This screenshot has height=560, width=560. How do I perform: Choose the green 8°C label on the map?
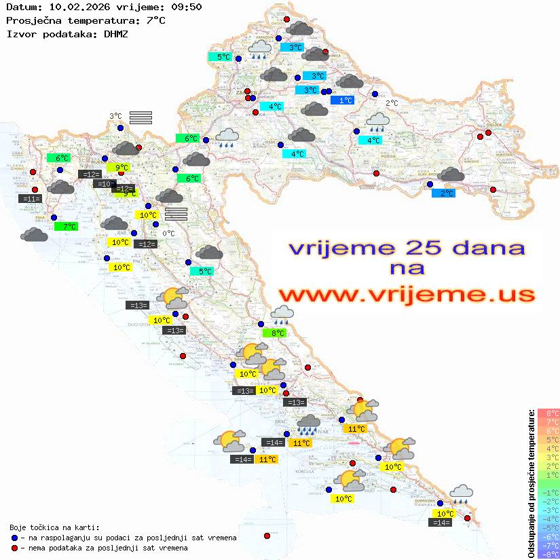coord(274,333)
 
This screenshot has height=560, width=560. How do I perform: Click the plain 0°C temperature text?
coord(169,234)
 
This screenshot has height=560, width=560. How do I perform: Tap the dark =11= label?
coord(31,199)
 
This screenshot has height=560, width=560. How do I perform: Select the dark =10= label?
coord(105,184)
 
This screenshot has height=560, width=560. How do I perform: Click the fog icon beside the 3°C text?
coord(141,117)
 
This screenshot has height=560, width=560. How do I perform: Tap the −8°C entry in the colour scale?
coord(548,555)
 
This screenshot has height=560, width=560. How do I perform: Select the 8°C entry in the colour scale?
coord(548,413)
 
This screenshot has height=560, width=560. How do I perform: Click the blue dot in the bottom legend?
coord(14,538)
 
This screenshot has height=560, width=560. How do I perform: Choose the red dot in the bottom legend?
coord(14,548)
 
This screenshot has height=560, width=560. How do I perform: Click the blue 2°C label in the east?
coord(443,193)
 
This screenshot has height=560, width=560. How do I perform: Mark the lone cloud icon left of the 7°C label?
coord(34,235)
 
